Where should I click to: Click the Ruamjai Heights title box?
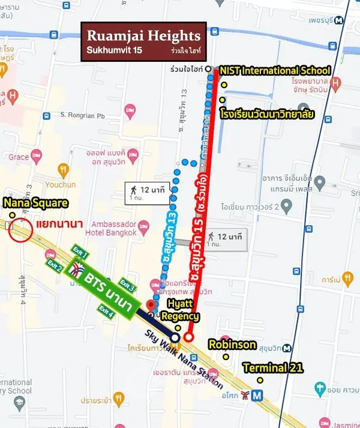(x=144, y=41)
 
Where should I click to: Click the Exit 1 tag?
(x=80, y=250)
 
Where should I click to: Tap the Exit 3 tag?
(x=127, y=283)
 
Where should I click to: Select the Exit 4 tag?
(x=106, y=311)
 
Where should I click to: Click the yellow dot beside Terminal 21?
(x=260, y=379)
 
